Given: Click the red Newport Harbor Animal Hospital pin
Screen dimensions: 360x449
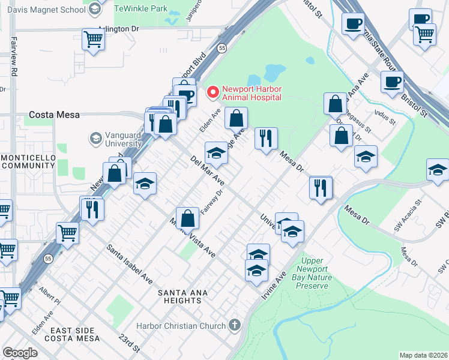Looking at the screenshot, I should point(212,92).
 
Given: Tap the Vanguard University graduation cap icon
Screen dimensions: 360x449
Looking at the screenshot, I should point(95,139).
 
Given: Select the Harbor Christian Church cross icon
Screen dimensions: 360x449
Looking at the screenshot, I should point(234,325).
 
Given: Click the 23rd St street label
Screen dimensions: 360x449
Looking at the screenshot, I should point(129,343).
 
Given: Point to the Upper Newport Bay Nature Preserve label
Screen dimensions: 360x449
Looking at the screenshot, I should point(312,274).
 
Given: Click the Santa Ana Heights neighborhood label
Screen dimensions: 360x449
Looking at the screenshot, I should point(182,297).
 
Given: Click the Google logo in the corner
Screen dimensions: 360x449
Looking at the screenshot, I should point(20,352).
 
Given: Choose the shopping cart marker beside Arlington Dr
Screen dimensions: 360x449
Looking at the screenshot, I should point(93,40).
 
